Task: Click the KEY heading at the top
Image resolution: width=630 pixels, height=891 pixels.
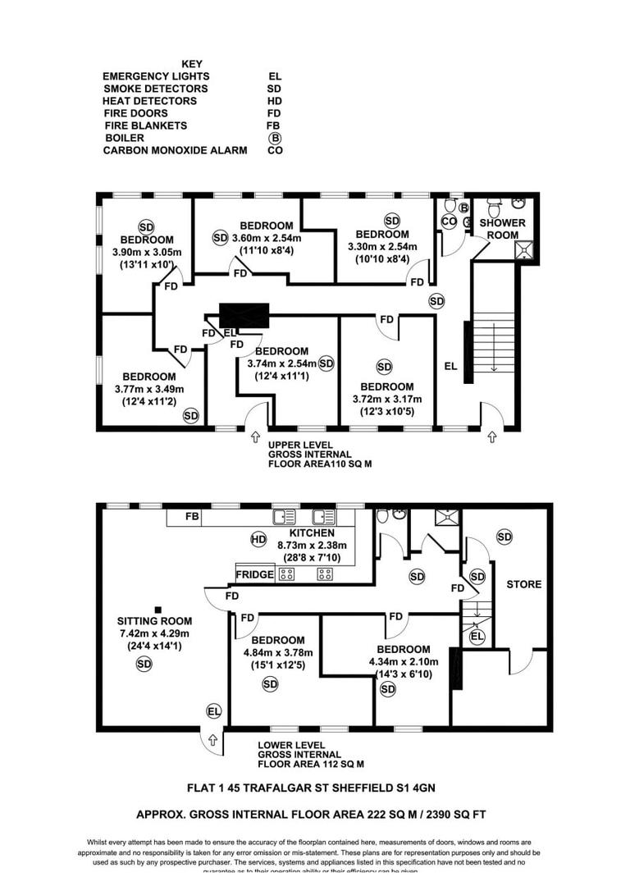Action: pyautogui.click(x=191, y=63)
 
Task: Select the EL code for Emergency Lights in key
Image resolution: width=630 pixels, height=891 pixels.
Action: pyautogui.click(x=275, y=75)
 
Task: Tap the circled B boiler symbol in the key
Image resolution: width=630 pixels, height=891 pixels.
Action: pyautogui.click(x=275, y=138)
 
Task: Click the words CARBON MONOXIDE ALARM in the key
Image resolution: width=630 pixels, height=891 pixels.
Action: pyautogui.click(x=175, y=150)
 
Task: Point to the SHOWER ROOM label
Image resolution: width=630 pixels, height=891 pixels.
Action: pyautogui.click(x=502, y=228)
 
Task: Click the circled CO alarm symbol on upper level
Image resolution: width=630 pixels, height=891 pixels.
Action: pyautogui.click(x=449, y=221)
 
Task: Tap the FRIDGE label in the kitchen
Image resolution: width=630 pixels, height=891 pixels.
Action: pyautogui.click(x=254, y=574)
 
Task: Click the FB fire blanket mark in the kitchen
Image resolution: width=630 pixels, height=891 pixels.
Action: pyautogui.click(x=193, y=517)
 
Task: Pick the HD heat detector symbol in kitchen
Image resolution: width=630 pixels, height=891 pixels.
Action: pyautogui.click(x=258, y=539)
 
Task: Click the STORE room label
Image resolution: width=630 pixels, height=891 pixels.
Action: pyautogui.click(x=524, y=584)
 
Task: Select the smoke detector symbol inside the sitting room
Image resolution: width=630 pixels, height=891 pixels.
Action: pyautogui.click(x=144, y=664)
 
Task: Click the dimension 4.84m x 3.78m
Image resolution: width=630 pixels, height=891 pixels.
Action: pyautogui.click(x=278, y=653)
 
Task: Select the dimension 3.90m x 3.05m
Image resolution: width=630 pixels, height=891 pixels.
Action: pyautogui.click(x=145, y=252)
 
